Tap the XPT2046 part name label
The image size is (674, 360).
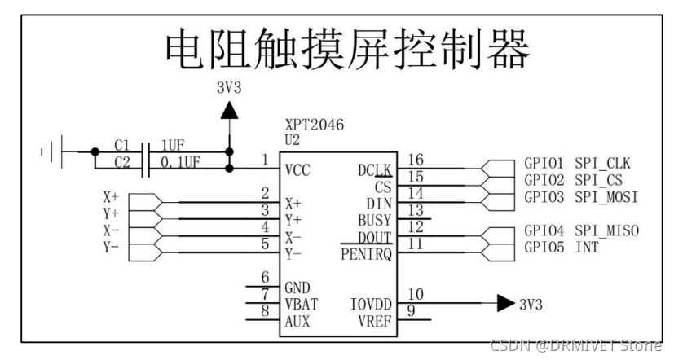coord(315,125)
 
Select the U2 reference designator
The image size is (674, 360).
coord(292,140)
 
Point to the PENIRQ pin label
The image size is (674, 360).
coord(367,255)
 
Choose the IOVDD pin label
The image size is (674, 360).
coord(371,304)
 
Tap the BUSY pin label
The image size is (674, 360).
coord(374,220)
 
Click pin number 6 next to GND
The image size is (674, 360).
coord(265,277)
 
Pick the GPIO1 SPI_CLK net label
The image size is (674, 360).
coord(578,165)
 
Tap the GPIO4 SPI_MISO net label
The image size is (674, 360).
coord(581,231)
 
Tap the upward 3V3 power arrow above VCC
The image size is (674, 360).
coord(231,109)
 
